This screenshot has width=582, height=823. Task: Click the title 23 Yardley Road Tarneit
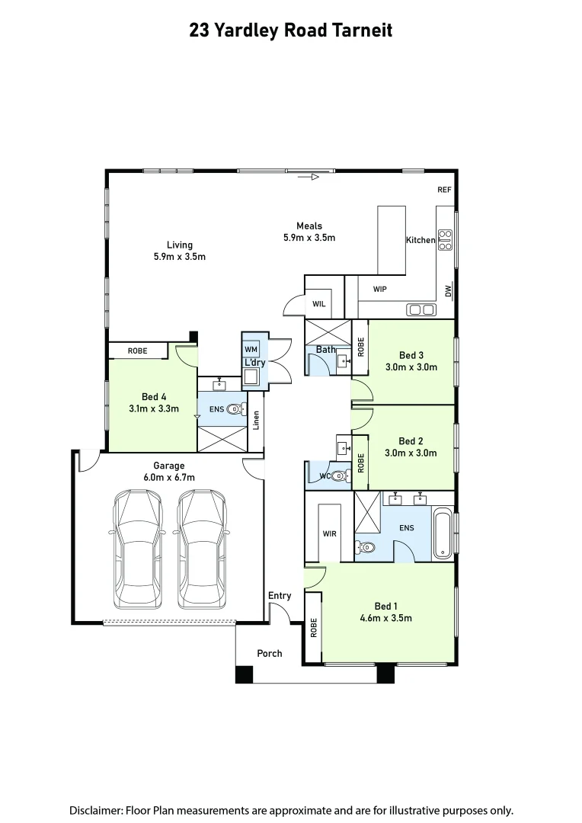(x=290, y=30)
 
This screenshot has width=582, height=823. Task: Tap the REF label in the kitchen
(x=445, y=190)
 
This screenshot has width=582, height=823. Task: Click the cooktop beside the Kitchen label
(x=445, y=240)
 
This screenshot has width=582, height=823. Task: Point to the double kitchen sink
(x=421, y=309)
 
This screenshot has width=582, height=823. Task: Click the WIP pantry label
(x=380, y=290)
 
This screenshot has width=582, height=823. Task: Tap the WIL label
(x=319, y=304)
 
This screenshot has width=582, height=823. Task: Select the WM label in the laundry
(x=251, y=349)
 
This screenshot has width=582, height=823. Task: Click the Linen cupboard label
(x=257, y=419)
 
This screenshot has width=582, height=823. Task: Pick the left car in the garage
(x=139, y=549)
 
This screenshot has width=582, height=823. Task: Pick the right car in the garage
(x=203, y=549)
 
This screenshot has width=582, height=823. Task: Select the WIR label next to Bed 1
(x=329, y=533)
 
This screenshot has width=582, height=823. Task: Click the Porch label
(x=269, y=653)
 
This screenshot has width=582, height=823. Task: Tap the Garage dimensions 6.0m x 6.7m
(x=168, y=477)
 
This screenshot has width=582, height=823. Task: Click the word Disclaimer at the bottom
(x=95, y=810)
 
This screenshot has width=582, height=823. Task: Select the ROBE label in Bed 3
(x=361, y=347)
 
